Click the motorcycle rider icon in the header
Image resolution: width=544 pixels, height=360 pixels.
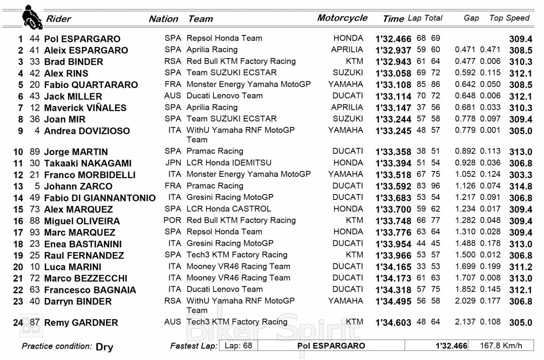[x=32, y=17]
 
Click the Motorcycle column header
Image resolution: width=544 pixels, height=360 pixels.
[x=342, y=18]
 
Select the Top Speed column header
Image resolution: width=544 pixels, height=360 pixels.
[x=509, y=18]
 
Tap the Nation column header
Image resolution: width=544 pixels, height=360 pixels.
[x=163, y=19]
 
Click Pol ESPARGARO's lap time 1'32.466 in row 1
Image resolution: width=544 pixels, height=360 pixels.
[x=393, y=39]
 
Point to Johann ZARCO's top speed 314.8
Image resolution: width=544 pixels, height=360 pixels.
[x=520, y=186]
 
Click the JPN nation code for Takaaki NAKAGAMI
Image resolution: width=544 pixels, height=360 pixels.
[x=173, y=163]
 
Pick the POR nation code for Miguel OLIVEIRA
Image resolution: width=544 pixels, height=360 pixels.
[x=172, y=220]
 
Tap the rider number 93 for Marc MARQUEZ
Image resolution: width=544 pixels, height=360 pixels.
[x=35, y=233]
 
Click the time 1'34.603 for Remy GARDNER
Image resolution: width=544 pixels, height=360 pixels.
[x=393, y=323]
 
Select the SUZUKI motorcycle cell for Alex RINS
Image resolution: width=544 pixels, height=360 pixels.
[x=348, y=73]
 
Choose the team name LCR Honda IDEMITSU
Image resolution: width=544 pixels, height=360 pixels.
[x=229, y=163]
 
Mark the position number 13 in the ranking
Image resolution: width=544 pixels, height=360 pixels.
[x=18, y=186]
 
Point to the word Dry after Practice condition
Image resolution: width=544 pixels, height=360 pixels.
[x=104, y=347]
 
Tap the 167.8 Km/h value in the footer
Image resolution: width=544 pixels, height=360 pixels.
[x=501, y=345]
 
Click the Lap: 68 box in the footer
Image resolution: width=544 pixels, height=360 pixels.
[x=238, y=345]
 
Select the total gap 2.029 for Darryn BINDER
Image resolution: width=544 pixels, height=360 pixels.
[x=465, y=301]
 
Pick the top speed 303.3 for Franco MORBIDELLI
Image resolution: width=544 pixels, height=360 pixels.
[x=520, y=175]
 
